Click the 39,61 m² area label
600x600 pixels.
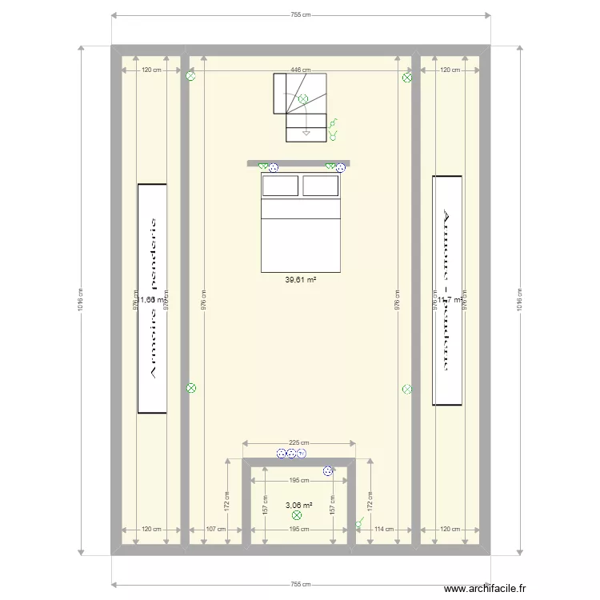coord(301,280)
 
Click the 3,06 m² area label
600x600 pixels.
coord(298,505)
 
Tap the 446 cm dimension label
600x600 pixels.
coord(300,70)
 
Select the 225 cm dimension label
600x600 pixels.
coord(299,442)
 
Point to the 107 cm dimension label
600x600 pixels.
coord(215,529)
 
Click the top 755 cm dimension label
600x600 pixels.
coord(300,14)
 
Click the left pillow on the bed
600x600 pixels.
coord(280,186)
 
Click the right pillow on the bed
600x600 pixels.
coord(320,186)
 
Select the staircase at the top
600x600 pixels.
coord(301,106)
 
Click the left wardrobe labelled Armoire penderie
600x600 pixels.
coord(152,298)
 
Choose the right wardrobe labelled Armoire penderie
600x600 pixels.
coord(447,290)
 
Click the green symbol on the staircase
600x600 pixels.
coord(302,99)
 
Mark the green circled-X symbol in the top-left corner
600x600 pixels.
coord(190,78)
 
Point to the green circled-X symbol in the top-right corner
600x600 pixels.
coord(407,78)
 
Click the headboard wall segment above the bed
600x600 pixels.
coord(298,162)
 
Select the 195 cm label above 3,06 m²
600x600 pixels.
coord(299,480)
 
